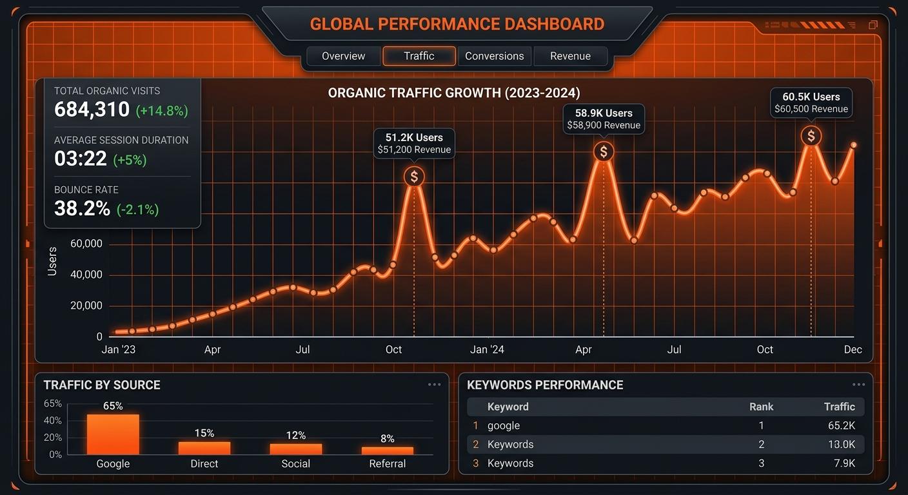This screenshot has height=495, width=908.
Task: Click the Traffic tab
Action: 419,56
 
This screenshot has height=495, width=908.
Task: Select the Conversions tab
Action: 494,56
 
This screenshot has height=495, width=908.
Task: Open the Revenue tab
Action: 570,56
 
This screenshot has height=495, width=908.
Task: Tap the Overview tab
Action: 343,56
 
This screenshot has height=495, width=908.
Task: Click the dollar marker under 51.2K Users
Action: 414,177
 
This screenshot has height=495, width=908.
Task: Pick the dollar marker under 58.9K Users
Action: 604,152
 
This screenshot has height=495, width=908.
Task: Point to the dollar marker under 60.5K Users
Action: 811,136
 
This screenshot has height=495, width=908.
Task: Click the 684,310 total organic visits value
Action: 92,110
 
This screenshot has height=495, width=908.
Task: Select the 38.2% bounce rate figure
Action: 82,208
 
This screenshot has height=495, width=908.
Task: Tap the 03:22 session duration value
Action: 81,159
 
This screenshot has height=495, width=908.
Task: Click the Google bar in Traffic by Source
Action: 113,434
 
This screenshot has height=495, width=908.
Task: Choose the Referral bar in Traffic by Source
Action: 387,451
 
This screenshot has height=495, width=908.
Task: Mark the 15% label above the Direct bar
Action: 204,433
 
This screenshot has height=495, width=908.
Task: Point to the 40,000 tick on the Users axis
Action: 86,275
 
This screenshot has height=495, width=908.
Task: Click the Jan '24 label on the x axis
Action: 488,349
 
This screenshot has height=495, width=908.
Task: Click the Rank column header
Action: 761,407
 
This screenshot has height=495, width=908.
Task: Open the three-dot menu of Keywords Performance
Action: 858,385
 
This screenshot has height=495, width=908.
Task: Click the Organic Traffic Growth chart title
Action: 454,93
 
